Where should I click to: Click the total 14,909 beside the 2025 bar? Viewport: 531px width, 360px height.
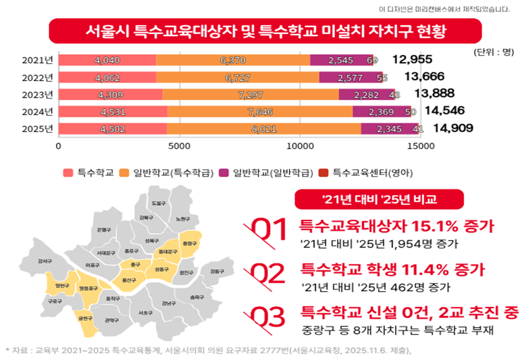[453, 128]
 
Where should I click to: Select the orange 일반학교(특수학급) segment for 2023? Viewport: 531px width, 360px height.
[250, 94]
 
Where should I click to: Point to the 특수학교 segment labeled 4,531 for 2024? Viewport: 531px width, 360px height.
[113, 112]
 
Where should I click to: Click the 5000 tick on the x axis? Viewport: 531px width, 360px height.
[180, 145]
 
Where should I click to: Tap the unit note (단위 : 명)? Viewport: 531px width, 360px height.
[494, 52]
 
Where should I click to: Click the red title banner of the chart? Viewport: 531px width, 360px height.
[265, 30]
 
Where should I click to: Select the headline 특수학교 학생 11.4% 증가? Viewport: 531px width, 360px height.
[393, 270]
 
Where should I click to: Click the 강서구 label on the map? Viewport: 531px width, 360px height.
[45, 260]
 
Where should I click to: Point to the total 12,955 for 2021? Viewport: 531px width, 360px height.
[412, 60]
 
